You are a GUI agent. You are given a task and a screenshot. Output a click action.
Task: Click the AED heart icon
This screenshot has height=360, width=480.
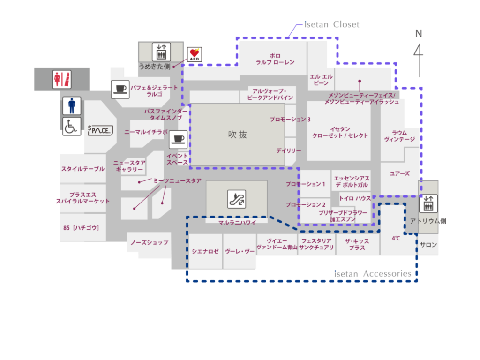coord(195,54)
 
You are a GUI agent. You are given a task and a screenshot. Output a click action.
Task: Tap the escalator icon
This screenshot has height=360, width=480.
coord(237,199)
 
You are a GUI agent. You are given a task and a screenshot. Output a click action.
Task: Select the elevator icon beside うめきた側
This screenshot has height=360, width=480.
coord(161,52)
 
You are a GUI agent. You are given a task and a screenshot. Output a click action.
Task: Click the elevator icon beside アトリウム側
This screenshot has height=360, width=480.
coord(428,203)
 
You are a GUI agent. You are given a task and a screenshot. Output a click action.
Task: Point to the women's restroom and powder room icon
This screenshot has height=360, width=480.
coord(62,79)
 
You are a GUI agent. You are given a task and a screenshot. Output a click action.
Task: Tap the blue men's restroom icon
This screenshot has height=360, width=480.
coord(72,105)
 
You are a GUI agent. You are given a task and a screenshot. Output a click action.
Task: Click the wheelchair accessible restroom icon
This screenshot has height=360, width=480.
coord(72,127)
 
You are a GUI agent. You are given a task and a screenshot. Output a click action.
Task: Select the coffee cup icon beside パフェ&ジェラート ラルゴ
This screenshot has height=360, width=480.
coord(120,89)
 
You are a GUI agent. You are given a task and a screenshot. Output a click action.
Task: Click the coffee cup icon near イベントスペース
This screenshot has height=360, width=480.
coord(178,140)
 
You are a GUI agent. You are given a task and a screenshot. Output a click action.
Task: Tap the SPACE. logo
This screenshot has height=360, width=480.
coord(100,130)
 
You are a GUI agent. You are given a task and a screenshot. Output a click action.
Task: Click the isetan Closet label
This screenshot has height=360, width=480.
coord(331,24)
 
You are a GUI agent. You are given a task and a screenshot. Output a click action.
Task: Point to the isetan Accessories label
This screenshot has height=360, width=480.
coord(373,274)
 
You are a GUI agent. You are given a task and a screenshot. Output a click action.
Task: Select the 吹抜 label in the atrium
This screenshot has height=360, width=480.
coord(238,135)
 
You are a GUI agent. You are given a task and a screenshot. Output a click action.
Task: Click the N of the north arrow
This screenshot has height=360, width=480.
coord(419,34)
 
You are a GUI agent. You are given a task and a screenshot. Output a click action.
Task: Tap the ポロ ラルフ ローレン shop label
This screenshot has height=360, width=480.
coord(275,59)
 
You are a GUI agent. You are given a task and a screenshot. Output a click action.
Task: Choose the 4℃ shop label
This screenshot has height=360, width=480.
coord(396,238)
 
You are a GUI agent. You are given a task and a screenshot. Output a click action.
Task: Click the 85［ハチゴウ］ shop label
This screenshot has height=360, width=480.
coord(81,228)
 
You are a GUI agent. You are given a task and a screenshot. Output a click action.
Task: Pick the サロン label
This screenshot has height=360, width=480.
coord(428,245)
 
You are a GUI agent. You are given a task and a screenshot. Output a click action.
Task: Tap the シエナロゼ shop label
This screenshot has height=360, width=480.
coord(205,251)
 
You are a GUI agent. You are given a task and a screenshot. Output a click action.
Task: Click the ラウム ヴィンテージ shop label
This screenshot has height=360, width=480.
coord(399,136)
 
